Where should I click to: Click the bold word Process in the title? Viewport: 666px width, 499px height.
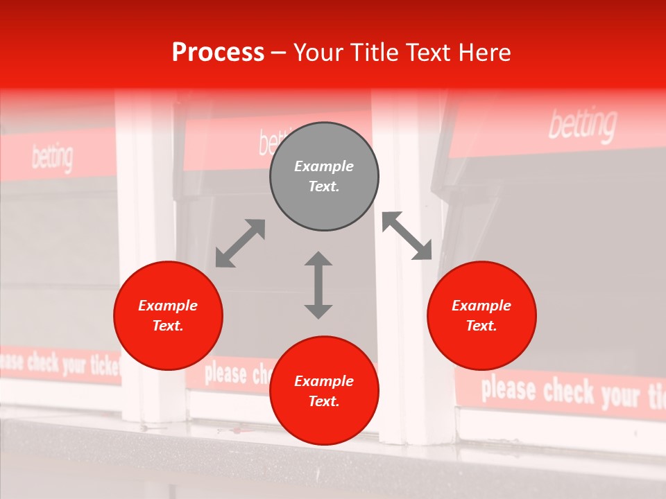(218, 53)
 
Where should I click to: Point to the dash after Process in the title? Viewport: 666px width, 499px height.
(279, 53)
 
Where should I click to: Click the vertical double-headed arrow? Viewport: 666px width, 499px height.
(318, 285)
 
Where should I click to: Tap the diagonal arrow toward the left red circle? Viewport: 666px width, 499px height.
(240, 243)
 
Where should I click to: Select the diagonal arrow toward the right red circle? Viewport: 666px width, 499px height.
(407, 236)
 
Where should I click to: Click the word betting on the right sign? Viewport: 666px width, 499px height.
(582, 125)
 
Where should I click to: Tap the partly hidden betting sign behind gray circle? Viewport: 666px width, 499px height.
(265, 141)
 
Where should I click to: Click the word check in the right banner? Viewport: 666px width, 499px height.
(569, 392)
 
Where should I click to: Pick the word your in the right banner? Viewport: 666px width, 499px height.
(620, 396)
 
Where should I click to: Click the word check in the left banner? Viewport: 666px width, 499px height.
(43, 362)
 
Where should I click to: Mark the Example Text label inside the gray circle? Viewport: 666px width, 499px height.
(324, 176)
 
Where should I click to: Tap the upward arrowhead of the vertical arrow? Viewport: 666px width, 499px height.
(318, 259)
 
